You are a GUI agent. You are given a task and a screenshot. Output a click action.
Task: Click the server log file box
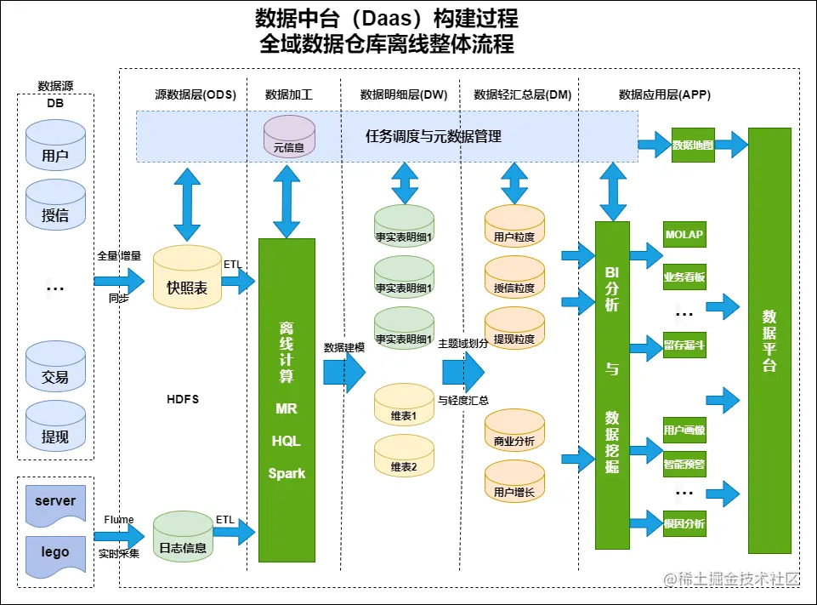55,501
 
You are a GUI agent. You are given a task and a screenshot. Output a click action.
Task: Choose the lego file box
55,551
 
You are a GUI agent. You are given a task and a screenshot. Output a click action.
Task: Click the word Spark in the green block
287,473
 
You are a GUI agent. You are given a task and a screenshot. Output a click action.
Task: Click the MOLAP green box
684,235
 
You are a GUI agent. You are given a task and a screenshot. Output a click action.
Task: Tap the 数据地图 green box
693,145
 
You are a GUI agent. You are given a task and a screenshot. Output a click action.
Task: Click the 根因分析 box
684,523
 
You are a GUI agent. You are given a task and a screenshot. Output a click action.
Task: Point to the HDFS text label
183,399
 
